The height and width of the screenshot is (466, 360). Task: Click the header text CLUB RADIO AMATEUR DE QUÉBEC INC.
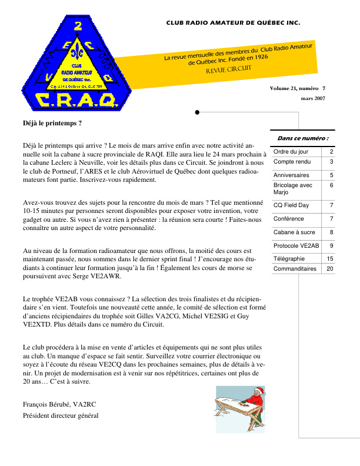pos(233,24)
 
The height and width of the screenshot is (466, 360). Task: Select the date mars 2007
pos(313,98)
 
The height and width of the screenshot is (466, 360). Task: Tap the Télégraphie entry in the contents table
pos(289,258)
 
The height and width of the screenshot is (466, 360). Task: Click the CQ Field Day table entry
pos(291,205)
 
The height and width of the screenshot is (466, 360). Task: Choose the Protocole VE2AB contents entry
pos(296,245)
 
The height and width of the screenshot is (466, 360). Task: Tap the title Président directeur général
pos(61,415)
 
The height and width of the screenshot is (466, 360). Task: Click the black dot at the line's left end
pos(196,111)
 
